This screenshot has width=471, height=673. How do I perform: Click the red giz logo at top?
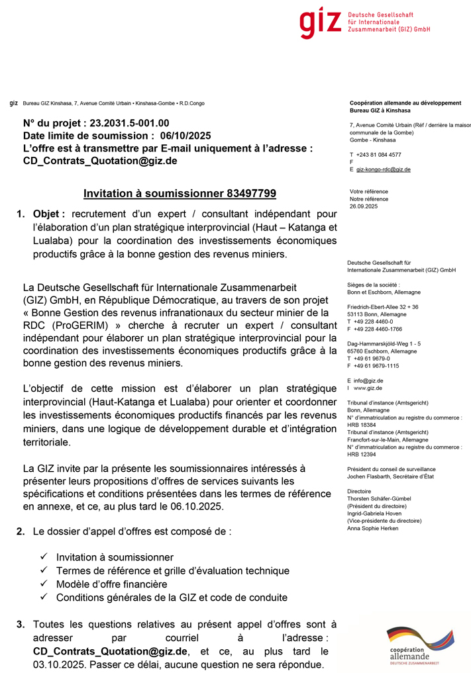320,24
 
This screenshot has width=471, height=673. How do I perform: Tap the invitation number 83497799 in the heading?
251,193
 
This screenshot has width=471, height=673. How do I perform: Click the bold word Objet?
48,214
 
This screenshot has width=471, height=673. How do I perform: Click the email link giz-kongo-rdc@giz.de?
384,169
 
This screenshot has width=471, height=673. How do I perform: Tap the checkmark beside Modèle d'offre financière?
44,584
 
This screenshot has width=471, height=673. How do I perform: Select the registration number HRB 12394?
361,454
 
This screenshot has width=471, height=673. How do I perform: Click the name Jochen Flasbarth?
370,476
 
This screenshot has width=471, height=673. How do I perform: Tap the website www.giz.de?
372,388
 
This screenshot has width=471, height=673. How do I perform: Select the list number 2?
21,531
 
